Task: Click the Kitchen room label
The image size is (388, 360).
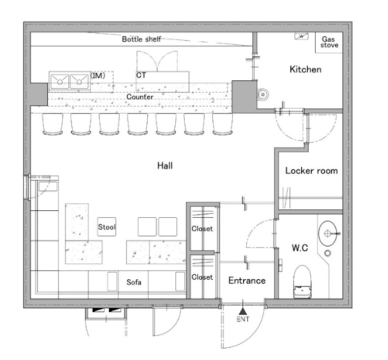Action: (306, 69)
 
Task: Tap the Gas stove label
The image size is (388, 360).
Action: (329, 42)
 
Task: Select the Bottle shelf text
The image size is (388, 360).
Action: (141, 39)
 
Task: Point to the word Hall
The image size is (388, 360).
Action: (165, 165)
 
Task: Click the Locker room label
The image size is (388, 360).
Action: (312, 171)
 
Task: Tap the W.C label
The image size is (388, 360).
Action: (300, 248)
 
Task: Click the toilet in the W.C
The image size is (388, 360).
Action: (302, 282)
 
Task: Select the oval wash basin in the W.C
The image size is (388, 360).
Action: (327, 233)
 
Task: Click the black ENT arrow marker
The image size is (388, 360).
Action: (243, 311)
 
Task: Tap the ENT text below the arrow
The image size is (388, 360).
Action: (243, 320)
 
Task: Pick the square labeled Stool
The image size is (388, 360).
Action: (107, 227)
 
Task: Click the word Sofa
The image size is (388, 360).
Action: (134, 282)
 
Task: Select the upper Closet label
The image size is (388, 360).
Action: (202, 229)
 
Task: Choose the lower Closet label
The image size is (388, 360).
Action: (202, 277)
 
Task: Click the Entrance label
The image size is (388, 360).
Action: (247, 281)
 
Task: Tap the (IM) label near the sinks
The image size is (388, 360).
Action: (98, 75)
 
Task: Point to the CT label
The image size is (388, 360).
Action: (141, 75)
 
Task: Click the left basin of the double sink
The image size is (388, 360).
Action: (60, 81)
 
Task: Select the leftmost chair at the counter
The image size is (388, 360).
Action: (53, 124)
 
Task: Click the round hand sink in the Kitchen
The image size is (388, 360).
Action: (263, 94)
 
